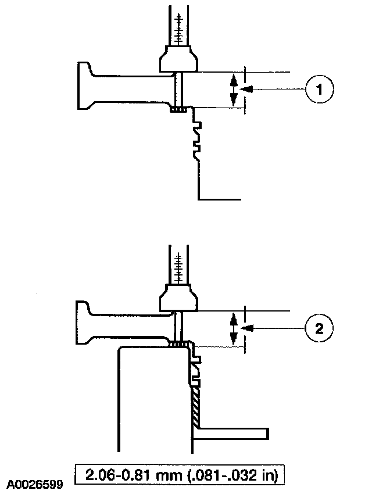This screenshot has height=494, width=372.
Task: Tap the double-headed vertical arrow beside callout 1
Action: (234, 90)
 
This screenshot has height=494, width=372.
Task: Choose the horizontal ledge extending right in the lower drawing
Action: (233, 434)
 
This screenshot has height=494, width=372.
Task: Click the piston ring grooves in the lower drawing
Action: (196, 372)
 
